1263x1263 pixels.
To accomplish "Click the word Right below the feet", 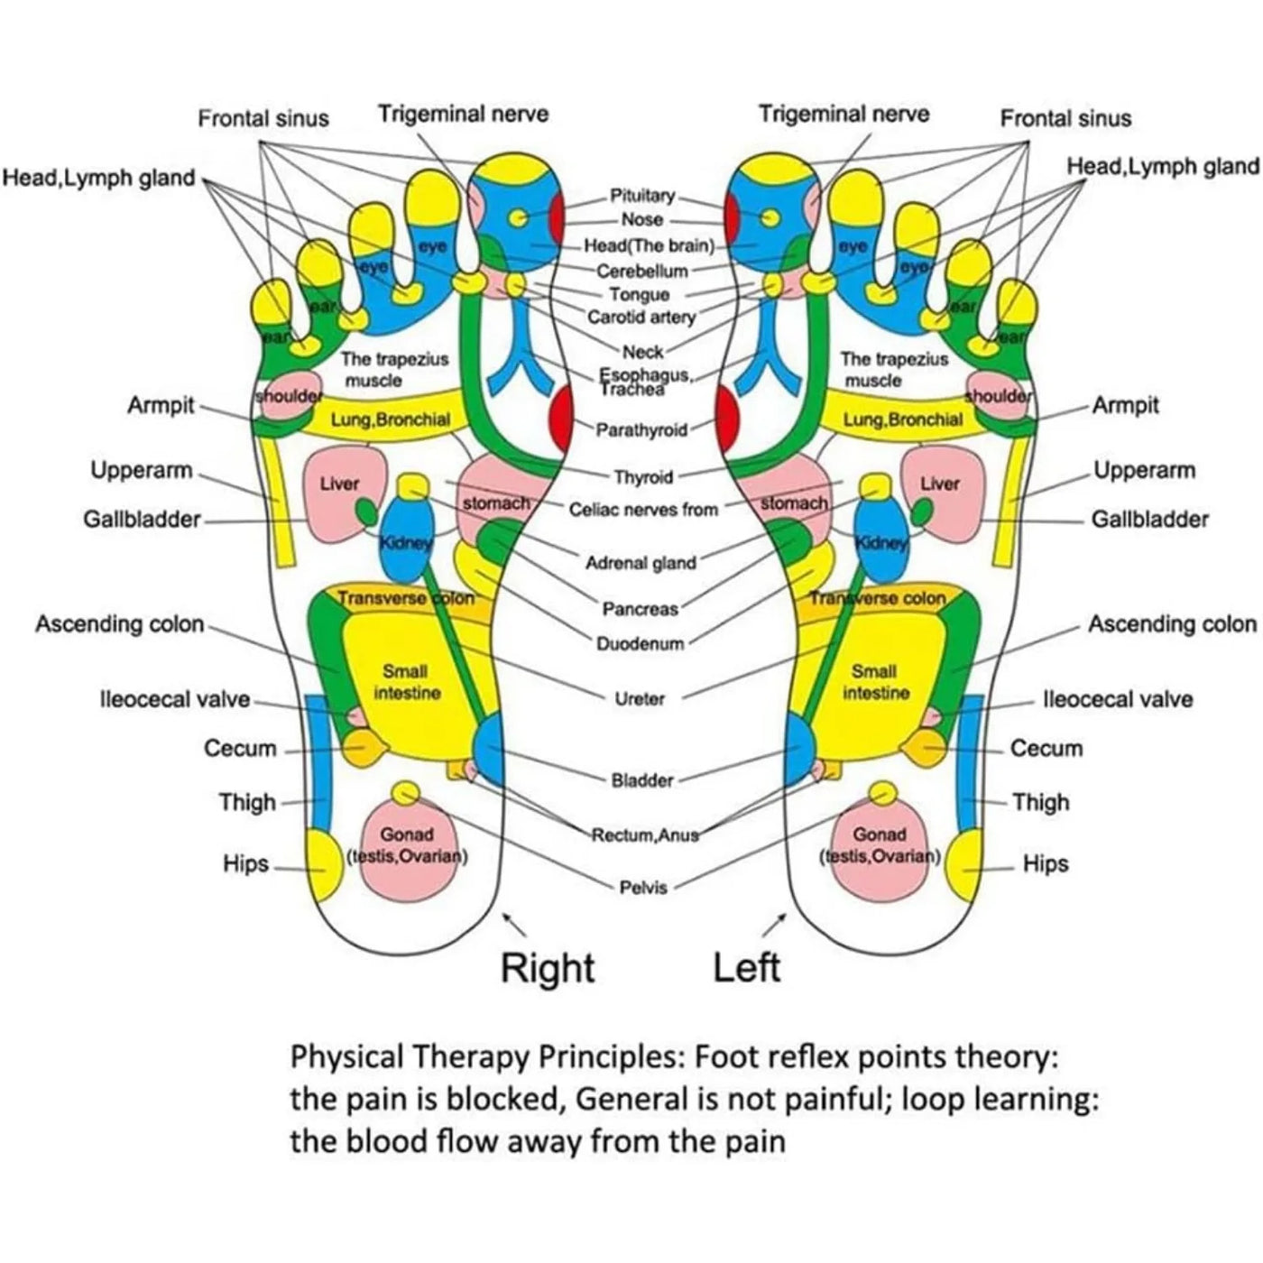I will tap(548, 968).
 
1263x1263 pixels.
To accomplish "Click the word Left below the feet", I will tap(746, 968).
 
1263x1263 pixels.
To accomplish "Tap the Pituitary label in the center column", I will tap(642, 196).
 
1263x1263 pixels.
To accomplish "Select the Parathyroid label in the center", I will tap(641, 430).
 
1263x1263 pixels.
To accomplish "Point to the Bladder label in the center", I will tap(642, 780).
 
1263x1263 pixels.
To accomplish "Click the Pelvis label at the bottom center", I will tap(643, 888).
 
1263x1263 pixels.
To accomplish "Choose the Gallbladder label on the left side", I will tap(142, 520).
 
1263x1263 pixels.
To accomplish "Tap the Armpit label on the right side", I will tap(1125, 405).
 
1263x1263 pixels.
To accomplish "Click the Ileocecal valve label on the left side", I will tap(174, 700).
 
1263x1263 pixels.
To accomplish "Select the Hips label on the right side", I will tap(1045, 864).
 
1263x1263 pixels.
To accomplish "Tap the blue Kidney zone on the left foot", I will tap(880, 541).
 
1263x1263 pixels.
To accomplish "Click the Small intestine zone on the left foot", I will tap(873, 683).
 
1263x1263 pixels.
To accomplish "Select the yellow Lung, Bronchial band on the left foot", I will tap(902, 419).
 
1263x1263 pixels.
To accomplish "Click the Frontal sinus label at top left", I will tap(263, 118).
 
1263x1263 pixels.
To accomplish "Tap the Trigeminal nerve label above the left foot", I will tap(844, 114).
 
